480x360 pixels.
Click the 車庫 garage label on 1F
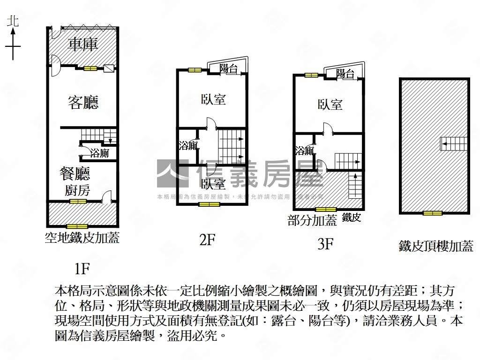tap(82, 44)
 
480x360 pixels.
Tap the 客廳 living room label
tap(83, 102)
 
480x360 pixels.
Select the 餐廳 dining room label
tap(75, 173)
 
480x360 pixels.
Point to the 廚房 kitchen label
tap(77, 190)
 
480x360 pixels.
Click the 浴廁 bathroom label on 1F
tap(99, 153)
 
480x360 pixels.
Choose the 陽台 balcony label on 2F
tap(228, 68)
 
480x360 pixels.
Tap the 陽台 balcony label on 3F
tap(345, 74)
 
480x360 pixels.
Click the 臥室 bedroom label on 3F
tap(330, 105)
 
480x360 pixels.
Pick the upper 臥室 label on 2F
tap(213, 99)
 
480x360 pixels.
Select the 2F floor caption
tap(207, 240)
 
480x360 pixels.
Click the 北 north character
tap(13, 21)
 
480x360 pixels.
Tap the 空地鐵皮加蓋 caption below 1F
tap(82, 238)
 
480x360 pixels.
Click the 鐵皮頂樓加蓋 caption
tap(436, 246)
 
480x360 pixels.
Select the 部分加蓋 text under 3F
tap(313, 220)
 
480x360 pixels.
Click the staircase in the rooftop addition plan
tap(454, 143)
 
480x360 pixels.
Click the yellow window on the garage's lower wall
tap(90, 68)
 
